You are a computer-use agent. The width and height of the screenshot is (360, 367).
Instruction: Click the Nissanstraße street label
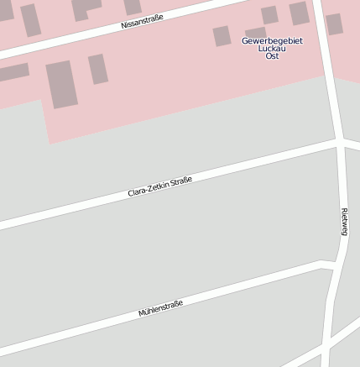pyautogui.click(x=142, y=21)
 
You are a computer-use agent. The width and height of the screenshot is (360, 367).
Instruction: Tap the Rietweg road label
pyautogui.click(x=345, y=221)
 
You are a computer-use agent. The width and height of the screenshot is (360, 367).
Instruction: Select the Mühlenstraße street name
pyautogui.click(x=160, y=308)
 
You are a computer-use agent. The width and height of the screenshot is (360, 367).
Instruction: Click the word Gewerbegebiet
pyautogui.click(x=272, y=40)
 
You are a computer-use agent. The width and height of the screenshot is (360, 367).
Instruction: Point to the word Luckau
pyautogui.click(x=272, y=48)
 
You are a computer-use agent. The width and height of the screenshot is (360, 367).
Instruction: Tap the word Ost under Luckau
pyautogui.click(x=272, y=55)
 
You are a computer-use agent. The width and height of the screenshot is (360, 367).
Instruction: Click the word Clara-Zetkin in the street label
pyautogui.click(x=149, y=189)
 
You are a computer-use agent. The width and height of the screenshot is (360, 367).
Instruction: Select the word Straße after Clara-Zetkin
pyautogui.click(x=181, y=180)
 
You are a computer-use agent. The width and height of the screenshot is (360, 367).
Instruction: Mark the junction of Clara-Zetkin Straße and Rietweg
pyautogui.click(x=340, y=144)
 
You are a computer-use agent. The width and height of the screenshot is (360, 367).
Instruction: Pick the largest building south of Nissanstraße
pyautogui.click(x=61, y=84)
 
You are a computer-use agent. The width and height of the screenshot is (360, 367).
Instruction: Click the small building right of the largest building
pyautogui.click(x=98, y=69)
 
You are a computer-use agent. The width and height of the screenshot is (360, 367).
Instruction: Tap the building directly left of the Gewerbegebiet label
pyautogui.click(x=222, y=36)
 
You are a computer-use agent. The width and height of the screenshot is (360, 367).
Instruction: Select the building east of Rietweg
pyautogui.click(x=334, y=24)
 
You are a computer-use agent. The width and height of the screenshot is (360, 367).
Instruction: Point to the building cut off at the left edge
pyautogui.click(x=12, y=72)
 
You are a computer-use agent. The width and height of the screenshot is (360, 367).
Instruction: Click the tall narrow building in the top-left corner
pyautogui.click(x=31, y=20)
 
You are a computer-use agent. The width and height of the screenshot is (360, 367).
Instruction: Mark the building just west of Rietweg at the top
pyautogui.click(x=299, y=13)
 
